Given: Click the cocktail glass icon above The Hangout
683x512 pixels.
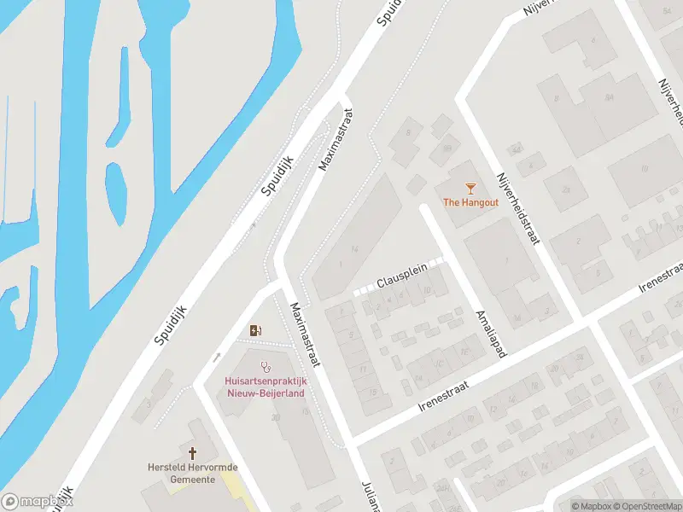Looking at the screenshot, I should pyautogui.click(x=470, y=188).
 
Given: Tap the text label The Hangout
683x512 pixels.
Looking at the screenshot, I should pyautogui.click(x=470, y=202).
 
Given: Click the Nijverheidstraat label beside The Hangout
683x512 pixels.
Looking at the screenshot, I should pyautogui.click(x=518, y=209).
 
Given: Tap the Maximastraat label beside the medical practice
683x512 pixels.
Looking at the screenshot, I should pyautogui.click(x=304, y=335).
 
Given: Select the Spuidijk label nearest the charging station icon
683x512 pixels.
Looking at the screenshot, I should pyautogui.click(x=171, y=316).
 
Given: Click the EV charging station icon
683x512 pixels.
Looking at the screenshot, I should pyautogui.click(x=254, y=330).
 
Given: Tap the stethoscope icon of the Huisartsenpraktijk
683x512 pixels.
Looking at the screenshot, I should pyautogui.click(x=266, y=367).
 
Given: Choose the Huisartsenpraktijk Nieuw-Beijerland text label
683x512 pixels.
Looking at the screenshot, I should pyautogui.click(x=266, y=387).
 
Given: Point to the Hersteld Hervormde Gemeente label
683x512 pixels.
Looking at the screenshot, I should pyautogui.click(x=192, y=474).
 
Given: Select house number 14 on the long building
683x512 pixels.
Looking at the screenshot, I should pyautogui.click(x=353, y=247).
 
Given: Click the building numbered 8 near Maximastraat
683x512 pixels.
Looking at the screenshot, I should pyautogui.click(x=408, y=132).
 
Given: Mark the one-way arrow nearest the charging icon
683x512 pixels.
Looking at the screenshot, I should pyautogui.click(x=217, y=356).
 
